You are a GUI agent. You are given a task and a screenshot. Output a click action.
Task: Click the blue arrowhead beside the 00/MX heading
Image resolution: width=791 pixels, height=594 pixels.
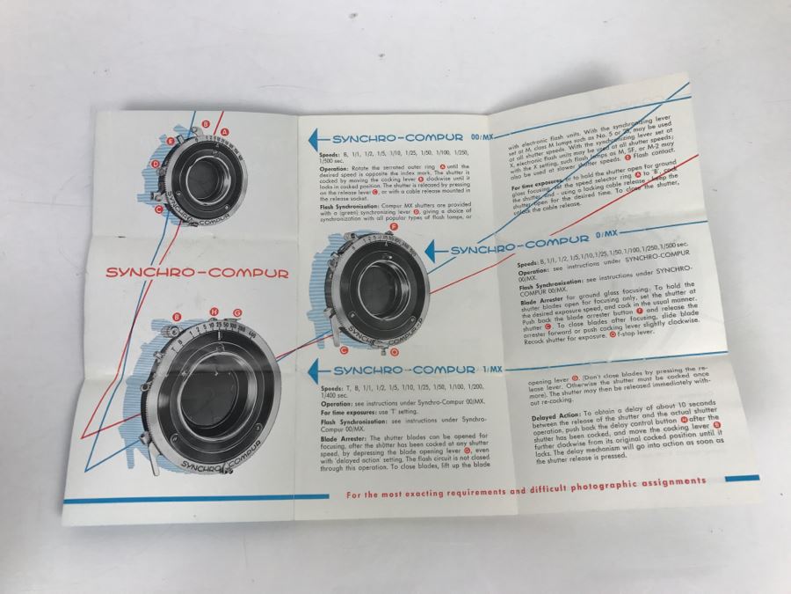click(313, 139)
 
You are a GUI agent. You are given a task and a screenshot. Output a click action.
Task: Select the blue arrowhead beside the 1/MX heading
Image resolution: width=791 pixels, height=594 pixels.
click(313, 370)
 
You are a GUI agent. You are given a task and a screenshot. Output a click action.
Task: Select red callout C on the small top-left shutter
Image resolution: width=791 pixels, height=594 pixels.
click(158, 210)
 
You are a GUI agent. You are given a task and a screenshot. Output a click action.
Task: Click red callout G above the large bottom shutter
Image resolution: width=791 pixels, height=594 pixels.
click(236, 313)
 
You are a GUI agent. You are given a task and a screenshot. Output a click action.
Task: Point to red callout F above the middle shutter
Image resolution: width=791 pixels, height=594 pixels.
click(394, 226)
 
